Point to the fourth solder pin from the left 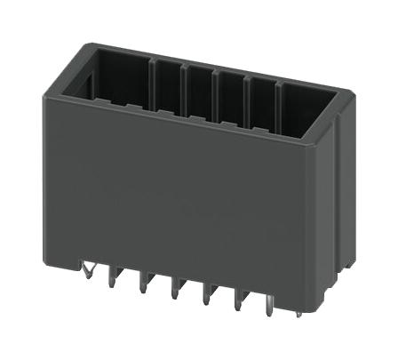(175, 289)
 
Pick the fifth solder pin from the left (207, 294)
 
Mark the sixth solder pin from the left (238, 300)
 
